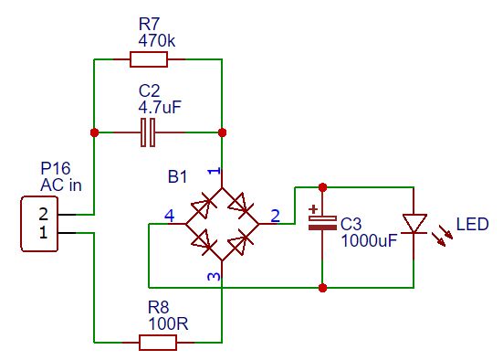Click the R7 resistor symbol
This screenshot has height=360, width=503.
149,59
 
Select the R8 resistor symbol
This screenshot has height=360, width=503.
158,343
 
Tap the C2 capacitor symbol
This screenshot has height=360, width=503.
149,133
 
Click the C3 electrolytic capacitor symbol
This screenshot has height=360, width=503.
317,222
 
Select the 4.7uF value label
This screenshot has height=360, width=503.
160,107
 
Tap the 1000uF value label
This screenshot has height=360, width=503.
370,241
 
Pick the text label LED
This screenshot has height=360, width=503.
472,224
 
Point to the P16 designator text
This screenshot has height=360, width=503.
55,169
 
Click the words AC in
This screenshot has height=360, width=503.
61,185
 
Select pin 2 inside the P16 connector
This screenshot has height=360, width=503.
43,214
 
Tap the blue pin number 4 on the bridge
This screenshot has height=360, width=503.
168,216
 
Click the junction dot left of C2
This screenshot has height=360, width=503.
94,133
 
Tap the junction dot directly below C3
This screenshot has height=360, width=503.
322,288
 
